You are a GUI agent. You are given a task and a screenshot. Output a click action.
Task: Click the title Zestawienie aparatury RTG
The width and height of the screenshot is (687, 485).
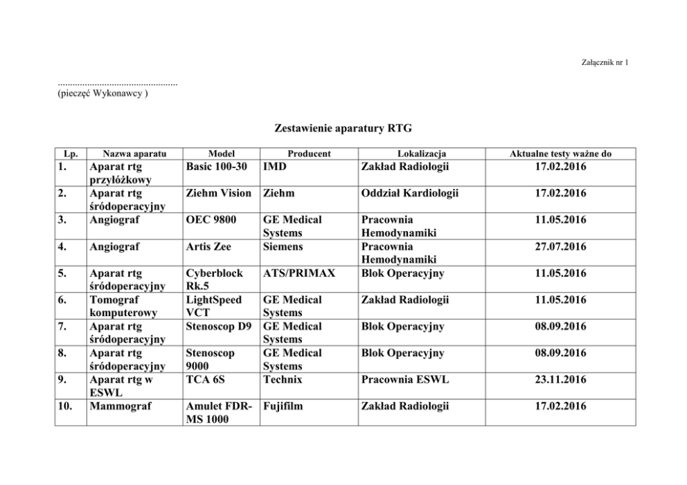343,129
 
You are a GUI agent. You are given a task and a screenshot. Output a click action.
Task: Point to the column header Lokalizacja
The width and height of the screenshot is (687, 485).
422,154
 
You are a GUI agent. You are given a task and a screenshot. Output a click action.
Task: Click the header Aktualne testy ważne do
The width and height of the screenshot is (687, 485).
560,154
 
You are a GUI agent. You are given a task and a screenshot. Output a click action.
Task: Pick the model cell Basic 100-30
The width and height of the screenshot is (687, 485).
217,167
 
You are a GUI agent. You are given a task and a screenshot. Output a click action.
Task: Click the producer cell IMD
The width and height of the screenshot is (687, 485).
275,167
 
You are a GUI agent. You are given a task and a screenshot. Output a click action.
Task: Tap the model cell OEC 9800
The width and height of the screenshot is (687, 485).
211,220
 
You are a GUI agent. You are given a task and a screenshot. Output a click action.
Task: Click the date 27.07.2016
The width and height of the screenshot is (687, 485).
560,246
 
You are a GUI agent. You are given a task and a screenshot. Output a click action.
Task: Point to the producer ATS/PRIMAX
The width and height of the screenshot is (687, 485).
299,273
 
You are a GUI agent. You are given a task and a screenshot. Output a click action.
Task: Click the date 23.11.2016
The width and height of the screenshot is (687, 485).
560,379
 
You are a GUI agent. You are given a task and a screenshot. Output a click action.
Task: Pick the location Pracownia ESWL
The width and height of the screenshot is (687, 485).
406,379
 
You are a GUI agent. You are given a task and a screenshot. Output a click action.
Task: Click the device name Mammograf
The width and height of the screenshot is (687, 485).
118,406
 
